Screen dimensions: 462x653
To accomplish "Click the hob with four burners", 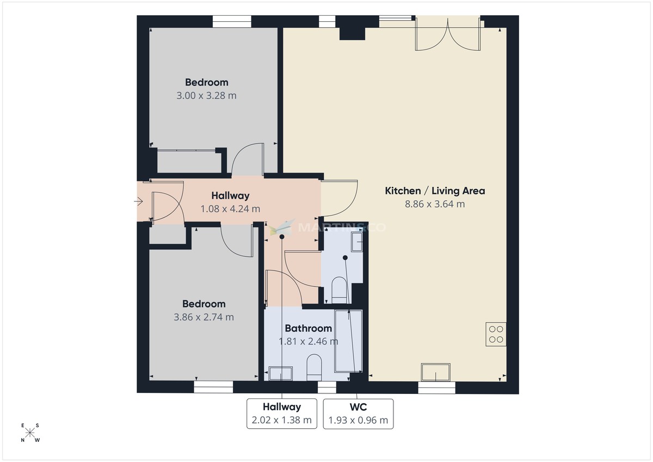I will point(496,334).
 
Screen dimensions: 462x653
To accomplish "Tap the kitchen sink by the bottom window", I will point(436,373).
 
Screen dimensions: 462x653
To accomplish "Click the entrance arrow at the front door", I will point(139,202).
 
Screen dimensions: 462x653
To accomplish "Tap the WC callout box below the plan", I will point(358,414).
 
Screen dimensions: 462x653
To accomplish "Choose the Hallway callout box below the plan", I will point(281,414).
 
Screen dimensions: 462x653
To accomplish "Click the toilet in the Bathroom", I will point(314,367).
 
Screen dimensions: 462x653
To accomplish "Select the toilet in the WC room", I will point(338,289).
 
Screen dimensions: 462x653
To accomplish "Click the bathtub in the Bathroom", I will point(348,341).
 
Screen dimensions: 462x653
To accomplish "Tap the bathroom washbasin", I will point(281,373).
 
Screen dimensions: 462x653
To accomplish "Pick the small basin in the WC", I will point(358,241).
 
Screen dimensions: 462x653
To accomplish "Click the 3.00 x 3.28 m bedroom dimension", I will point(206,96).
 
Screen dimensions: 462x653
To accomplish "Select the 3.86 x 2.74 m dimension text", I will point(204,317).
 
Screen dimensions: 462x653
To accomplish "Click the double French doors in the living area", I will point(448,34).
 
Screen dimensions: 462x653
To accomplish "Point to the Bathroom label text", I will point(308,328).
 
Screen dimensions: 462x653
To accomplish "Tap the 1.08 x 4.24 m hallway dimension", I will point(230,208).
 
